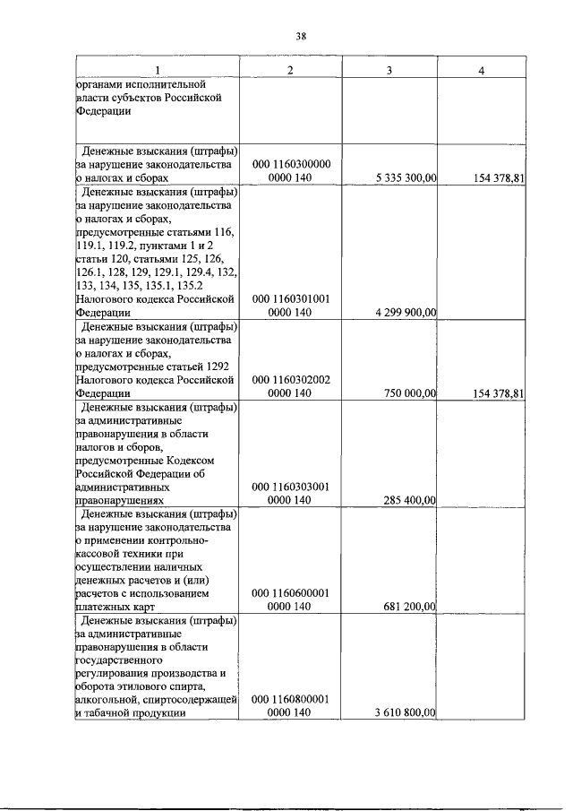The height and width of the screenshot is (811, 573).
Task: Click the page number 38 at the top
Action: pos(302,36)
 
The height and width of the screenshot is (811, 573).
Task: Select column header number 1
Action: pos(158,71)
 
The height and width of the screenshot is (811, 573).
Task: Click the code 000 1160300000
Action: pos(291,165)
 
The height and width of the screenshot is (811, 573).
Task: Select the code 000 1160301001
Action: pos(291,298)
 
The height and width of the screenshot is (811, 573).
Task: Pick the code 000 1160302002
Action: pos(291,380)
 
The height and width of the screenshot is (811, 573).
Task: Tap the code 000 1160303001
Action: pos(291,487)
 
